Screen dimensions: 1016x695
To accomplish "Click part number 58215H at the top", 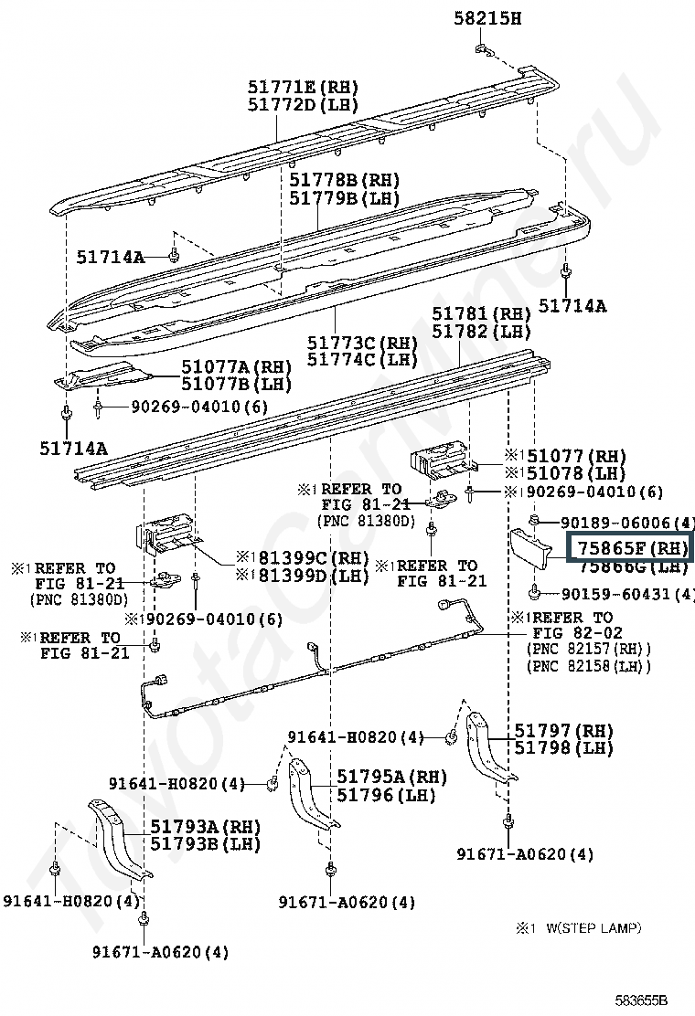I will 487,18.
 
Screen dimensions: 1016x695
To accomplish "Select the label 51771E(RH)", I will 303,88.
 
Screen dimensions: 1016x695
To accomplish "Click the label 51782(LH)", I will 482,332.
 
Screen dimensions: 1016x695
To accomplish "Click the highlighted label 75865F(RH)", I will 630,548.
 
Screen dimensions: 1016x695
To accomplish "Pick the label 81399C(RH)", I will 303,558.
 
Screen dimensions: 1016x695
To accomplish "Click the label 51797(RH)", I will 563,731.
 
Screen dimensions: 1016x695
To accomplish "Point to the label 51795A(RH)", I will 391,777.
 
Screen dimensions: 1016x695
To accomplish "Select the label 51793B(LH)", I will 206,844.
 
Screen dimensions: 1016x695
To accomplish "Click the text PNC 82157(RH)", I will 589,650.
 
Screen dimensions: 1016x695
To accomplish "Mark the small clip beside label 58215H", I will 485,52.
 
